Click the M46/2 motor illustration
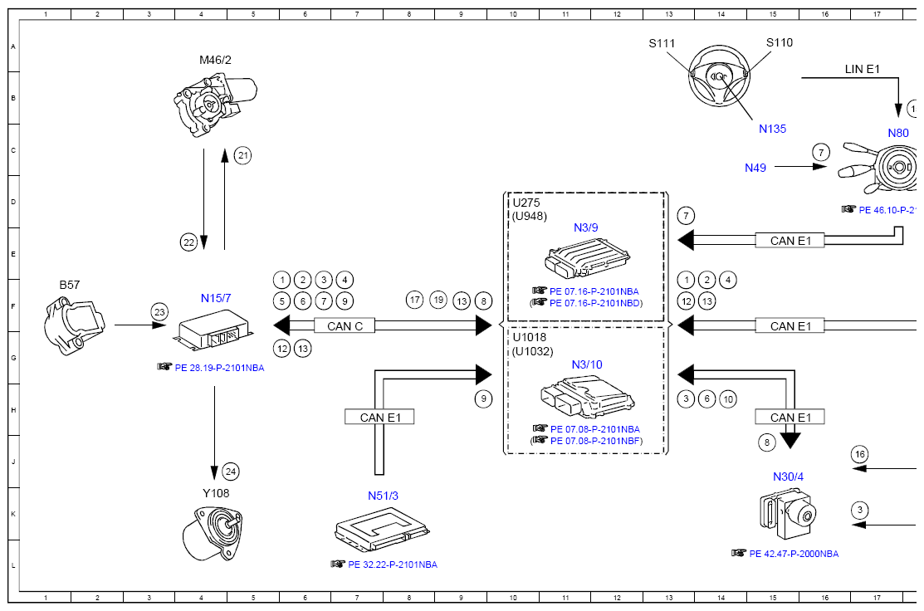215,105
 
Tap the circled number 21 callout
242,155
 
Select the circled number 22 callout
188,242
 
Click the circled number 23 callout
159,312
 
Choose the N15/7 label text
216,298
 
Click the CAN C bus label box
345,325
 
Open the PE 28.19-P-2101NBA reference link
219,368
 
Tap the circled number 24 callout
231,472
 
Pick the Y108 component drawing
213,533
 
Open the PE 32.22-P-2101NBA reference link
393,565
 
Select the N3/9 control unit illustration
587,257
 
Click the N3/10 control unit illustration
587,397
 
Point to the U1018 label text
529,337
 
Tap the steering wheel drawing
719,76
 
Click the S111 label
662,43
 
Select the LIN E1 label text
862,69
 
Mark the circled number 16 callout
860,454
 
